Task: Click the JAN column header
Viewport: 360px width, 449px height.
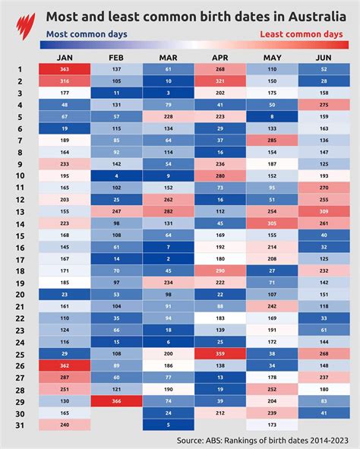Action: pos(65,58)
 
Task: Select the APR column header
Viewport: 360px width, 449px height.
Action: pos(220,58)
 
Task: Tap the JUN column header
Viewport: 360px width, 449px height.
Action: pos(324,58)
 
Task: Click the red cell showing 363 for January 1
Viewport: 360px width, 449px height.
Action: pos(65,69)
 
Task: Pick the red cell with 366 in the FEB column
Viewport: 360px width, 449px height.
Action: pos(116,400)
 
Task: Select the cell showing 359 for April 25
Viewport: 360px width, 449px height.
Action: pos(220,353)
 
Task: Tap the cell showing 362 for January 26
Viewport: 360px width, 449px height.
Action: pos(65,365)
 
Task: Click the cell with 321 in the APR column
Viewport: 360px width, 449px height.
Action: pos(220,81)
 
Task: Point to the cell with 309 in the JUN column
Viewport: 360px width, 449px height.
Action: pos(324,211)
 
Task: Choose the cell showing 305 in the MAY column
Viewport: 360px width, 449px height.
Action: pos(272,223)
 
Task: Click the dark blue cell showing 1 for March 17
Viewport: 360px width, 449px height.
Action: pos(169,258)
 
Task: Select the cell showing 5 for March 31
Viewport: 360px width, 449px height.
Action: pos(169,425)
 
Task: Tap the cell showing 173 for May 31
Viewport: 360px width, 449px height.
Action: pos(272,425)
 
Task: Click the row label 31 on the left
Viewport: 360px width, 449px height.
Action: pos(20,424)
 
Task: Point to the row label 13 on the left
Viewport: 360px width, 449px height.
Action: pos(20,210)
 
